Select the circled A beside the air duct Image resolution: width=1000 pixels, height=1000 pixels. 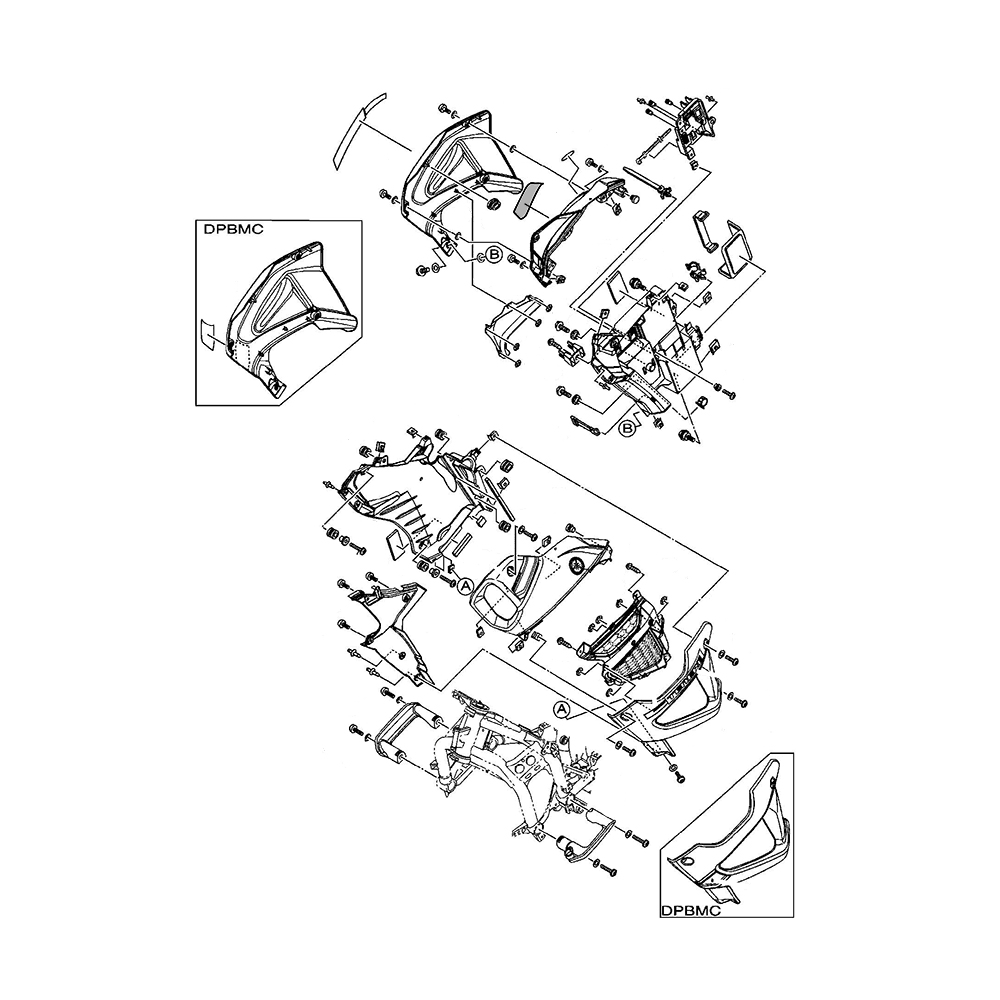click(x=465, y=586)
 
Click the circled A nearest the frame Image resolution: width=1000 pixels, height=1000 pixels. click(x=563, y=709)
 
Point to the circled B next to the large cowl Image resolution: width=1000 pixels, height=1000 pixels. click(x=493, y=254)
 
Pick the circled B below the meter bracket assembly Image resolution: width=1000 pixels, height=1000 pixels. click(x=627, y=427)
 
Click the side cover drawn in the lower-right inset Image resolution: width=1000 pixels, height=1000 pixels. click(x=735, y=835)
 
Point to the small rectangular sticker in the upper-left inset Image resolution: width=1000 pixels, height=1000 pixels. click(x=208, y=334)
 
